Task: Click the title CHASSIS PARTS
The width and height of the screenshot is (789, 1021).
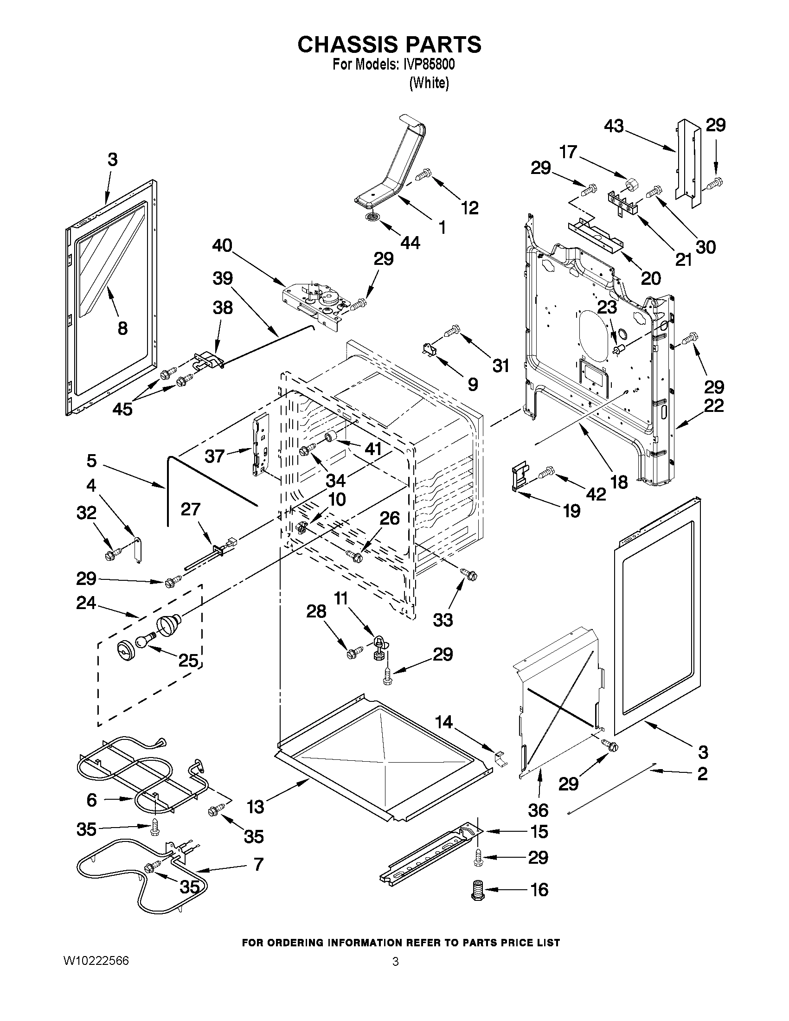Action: [x=389, y=45]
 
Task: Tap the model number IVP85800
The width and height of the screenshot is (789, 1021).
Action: [x=428, y=64]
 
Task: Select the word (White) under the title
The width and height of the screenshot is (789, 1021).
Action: [x=429, y=83]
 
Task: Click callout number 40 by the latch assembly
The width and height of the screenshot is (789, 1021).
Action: [x=222, y=246]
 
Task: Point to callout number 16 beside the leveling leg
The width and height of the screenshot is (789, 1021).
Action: [x=539, y=890]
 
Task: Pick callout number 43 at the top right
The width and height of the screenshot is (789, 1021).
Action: [x=614, y=126]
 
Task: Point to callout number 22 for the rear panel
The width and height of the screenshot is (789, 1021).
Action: [x=714, y=405]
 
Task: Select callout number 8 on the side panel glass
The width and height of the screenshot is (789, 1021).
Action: [x=122, y=328]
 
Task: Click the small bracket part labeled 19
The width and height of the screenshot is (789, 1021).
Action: [x=520, y=477]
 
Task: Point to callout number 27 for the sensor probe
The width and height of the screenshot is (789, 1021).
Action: [x=191, y=509]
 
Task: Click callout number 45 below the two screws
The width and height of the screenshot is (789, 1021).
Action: [x=122, y=409]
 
